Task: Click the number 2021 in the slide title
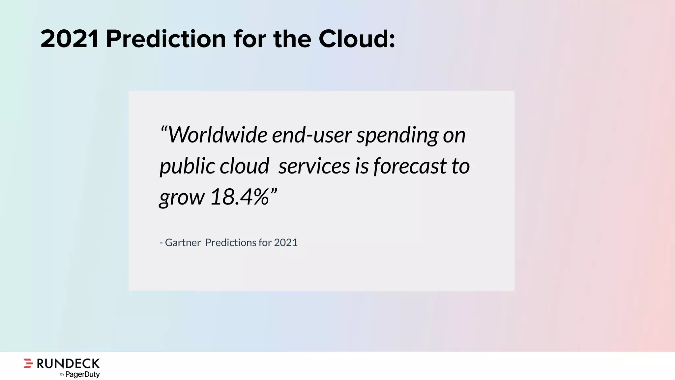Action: click(70, 39)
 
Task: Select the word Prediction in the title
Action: click(166, 39)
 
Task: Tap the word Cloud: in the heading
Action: click(357, 39)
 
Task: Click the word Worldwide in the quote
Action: click(218, 135)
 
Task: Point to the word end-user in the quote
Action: click(311, 135)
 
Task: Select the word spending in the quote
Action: click(397, 136)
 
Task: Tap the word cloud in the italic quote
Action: click(244, 166)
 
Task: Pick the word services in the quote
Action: click(314, 166)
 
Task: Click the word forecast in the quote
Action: click(410, 166)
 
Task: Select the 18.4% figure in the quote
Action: click(240, 197)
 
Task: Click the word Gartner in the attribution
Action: click(183, 242)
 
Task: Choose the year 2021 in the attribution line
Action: click(286, 242)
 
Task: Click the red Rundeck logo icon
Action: click(28, 363)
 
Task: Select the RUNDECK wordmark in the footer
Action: click(68, 364)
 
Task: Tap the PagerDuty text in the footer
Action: click(82, 374)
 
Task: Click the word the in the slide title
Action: click(292, 39)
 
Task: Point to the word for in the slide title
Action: click(249, 39)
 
